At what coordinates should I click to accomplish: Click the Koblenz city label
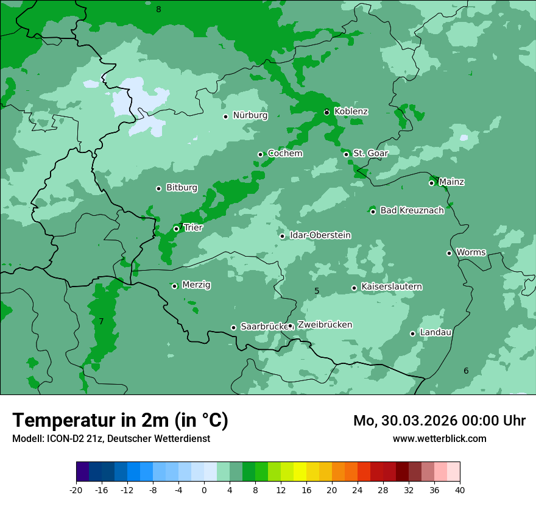point(351,112)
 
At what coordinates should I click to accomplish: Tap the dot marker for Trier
point(176,229)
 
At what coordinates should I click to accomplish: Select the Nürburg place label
point(250,115)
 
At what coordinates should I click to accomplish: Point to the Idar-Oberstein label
point(320,235)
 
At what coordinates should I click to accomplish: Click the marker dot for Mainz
point(431,183)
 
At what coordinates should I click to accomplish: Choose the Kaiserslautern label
point(391,287)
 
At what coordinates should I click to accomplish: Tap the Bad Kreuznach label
point(412,210)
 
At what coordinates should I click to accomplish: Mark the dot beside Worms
point(449,253)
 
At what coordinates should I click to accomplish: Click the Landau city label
point(435,332)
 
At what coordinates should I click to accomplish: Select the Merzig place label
point(196,285)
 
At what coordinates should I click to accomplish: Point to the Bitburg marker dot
point(158,188)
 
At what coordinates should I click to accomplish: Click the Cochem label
point(284,153)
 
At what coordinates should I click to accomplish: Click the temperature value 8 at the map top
point(158,9)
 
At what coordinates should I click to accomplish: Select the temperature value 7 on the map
point(101,321)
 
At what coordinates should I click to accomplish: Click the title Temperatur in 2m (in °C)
point(120,420)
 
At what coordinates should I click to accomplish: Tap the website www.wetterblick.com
point(439,438)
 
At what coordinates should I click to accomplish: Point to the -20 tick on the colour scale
point(76,490)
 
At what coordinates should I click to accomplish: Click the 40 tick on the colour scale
point(460,490)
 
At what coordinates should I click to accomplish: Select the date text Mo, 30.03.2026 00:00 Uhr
point(439,421)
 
